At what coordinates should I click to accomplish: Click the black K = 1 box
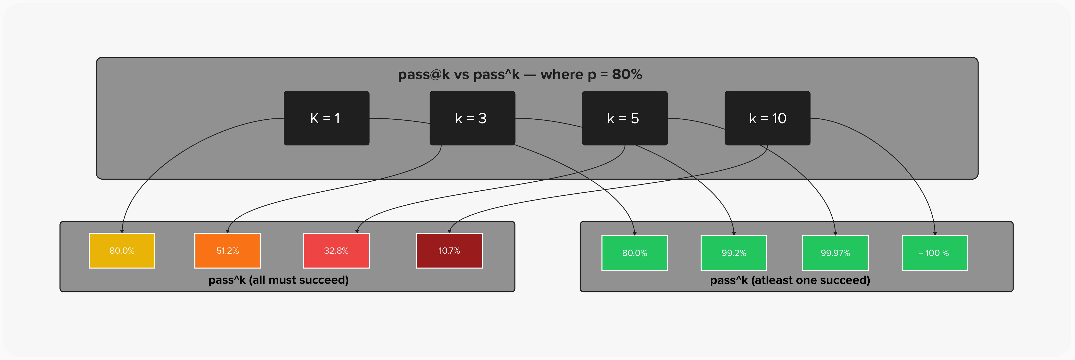click(x=326, y=118)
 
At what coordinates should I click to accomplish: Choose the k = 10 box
click(x=767, y=118)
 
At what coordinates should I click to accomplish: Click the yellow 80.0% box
click(x=122, y=251)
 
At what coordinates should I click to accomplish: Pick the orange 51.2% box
click(x=228, y=251)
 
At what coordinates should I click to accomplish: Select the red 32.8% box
click(x=336, y=251)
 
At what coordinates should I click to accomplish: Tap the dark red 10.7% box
click(x=449, y=251)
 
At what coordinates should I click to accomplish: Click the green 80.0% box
click(x=634, y=253)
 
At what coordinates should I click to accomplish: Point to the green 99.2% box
click(x=734, y=253)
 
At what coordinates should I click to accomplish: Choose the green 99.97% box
click(x=835, y=253)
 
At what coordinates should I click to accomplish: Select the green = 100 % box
click(x=934, y=253)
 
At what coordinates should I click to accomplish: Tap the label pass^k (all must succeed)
click(x=278, y=280)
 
